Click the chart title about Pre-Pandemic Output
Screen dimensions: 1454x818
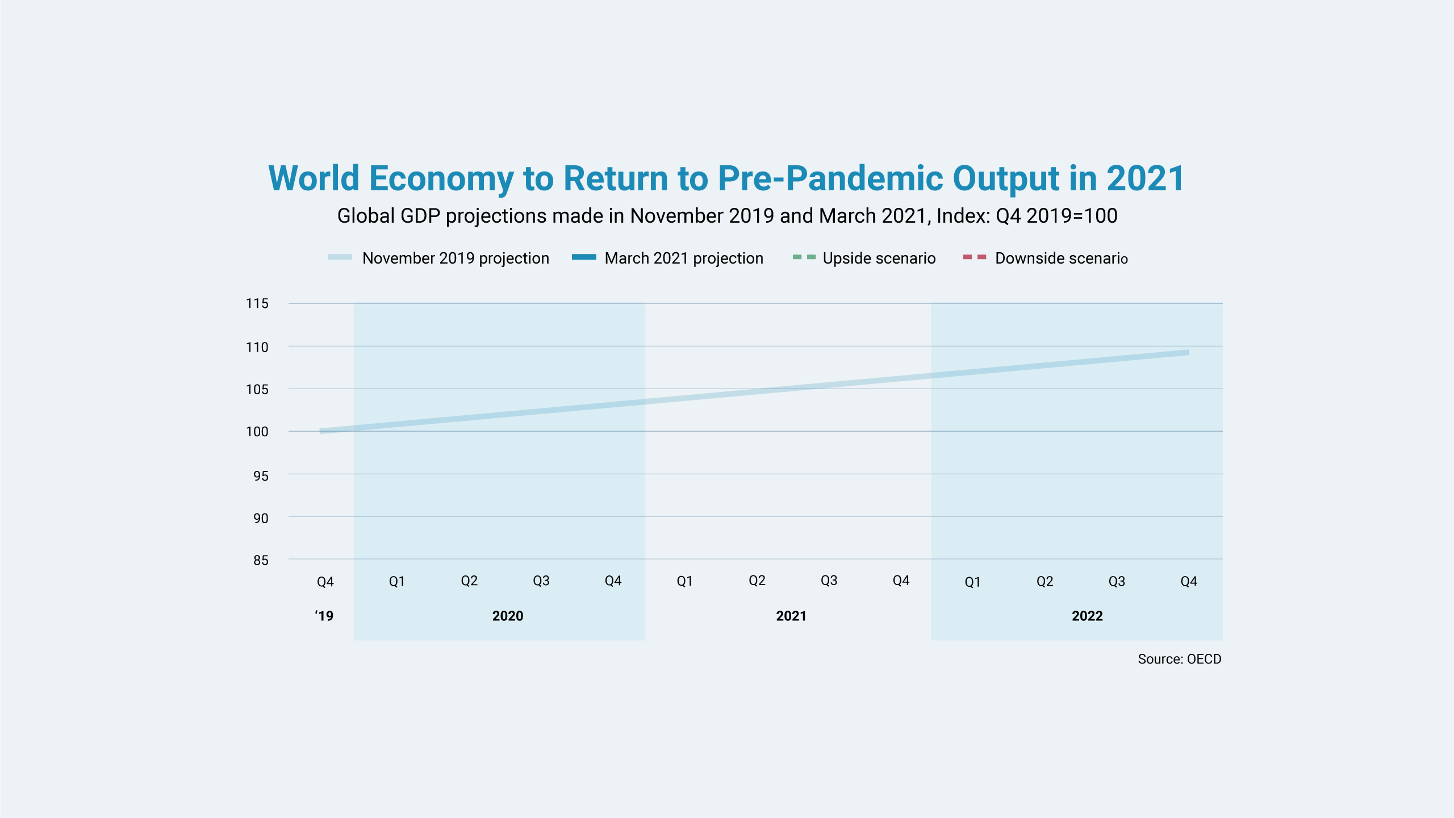point(726,179)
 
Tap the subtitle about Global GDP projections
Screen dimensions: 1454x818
point(727,216)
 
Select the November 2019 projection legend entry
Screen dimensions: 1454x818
point(438,258)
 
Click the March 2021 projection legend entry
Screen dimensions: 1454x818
point(667,258)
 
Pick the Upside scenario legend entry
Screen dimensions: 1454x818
point(864,258)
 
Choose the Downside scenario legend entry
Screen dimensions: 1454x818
point(1046,258)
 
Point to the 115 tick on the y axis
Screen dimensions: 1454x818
point(257,304)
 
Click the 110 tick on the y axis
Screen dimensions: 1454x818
point(257,347)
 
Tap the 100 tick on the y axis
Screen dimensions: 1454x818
point(257,432)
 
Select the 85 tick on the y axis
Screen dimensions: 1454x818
point(261,561)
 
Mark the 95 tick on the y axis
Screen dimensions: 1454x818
point(261,476)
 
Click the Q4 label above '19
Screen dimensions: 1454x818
point(325,582)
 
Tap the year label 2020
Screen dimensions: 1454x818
point(508,616)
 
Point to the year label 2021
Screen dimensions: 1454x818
point(791,616)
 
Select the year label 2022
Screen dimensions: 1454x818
point(1087,616)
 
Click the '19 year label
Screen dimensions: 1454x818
point(324,616)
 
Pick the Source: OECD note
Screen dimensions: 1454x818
point(1180,659)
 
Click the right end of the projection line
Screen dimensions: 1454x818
point(1188,353)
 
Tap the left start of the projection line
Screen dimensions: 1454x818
point(320,431)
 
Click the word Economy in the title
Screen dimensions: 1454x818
point(441,179)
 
